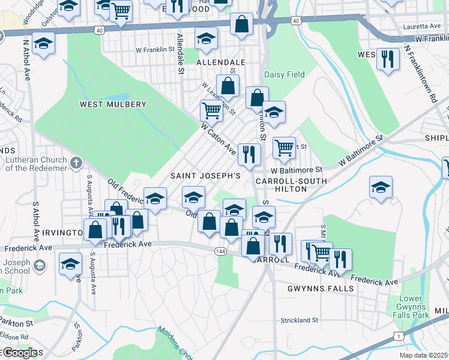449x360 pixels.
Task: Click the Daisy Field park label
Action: pos(285,75)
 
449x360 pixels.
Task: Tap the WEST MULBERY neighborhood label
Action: pos(113,104)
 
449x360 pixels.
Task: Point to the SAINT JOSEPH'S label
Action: pos(205,176)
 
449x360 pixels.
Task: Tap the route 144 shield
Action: pos(220,251)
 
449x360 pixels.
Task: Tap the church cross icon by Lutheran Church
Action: pos(76,163)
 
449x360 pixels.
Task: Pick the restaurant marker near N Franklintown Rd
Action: pos(388,59)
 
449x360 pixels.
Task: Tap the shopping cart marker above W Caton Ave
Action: pos(211,110)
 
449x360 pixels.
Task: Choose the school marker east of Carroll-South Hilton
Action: pos(381,188)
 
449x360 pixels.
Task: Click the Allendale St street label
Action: pos(179,53)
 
